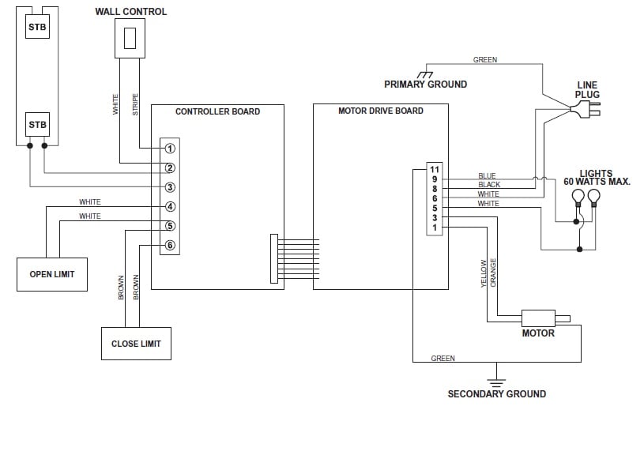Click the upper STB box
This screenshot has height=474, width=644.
pos(37,27)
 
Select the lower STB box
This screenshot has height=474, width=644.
pos(37,125)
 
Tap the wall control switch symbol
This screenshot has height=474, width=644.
pos(130,38)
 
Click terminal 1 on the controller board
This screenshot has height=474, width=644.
pos(170,149)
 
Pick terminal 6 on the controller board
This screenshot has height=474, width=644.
pos(170,245)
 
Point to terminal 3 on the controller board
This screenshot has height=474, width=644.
pos(170,187)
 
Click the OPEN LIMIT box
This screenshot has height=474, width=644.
pos(52,274)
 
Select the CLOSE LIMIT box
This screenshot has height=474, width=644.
pos(137,344)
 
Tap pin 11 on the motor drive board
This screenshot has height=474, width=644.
pos(435,169)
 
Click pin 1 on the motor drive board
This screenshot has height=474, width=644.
pos(435,228)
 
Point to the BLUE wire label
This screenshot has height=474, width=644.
pos(487,176)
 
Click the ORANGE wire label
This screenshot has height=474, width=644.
pos(493,273)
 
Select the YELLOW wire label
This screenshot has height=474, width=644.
pos(484,273)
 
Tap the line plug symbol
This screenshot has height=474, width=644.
pos(586,109)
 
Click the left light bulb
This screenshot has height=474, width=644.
pos(578,198)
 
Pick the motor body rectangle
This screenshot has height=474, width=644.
pos(538,318)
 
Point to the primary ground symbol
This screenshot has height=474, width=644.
pos(425,75)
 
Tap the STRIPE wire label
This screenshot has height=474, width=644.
pos(135,104)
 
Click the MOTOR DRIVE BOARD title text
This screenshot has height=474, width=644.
pos(381,111)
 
